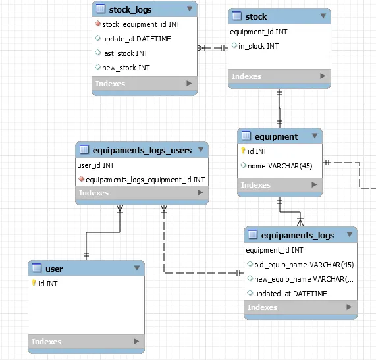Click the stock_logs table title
[x=130, y=10]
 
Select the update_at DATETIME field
[x=136, y=39]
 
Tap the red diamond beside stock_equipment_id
[x=97, y=24]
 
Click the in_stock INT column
[x=259, y=46]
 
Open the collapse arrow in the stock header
[x=323, y=16]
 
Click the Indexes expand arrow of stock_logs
[x=189, y=83]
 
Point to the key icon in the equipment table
[x=243, y=151]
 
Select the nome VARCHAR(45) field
[x=280, y=166]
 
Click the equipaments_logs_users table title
[x=142, y=151]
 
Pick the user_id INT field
[x=95, y=165]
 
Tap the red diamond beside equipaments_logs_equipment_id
[x=81, y=179]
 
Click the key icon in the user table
[x=34, y=283]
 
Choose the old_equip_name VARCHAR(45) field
[x=304, y=265]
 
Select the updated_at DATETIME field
[x=290, y=294]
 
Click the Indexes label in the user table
[x=46, y=342]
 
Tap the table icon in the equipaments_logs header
[x=252, y=234]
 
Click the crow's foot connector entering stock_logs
[x=201, y=48]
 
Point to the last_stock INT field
[x=125, y=53]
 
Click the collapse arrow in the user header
[x=137, y=268]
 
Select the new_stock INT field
[x=126, y=68]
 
